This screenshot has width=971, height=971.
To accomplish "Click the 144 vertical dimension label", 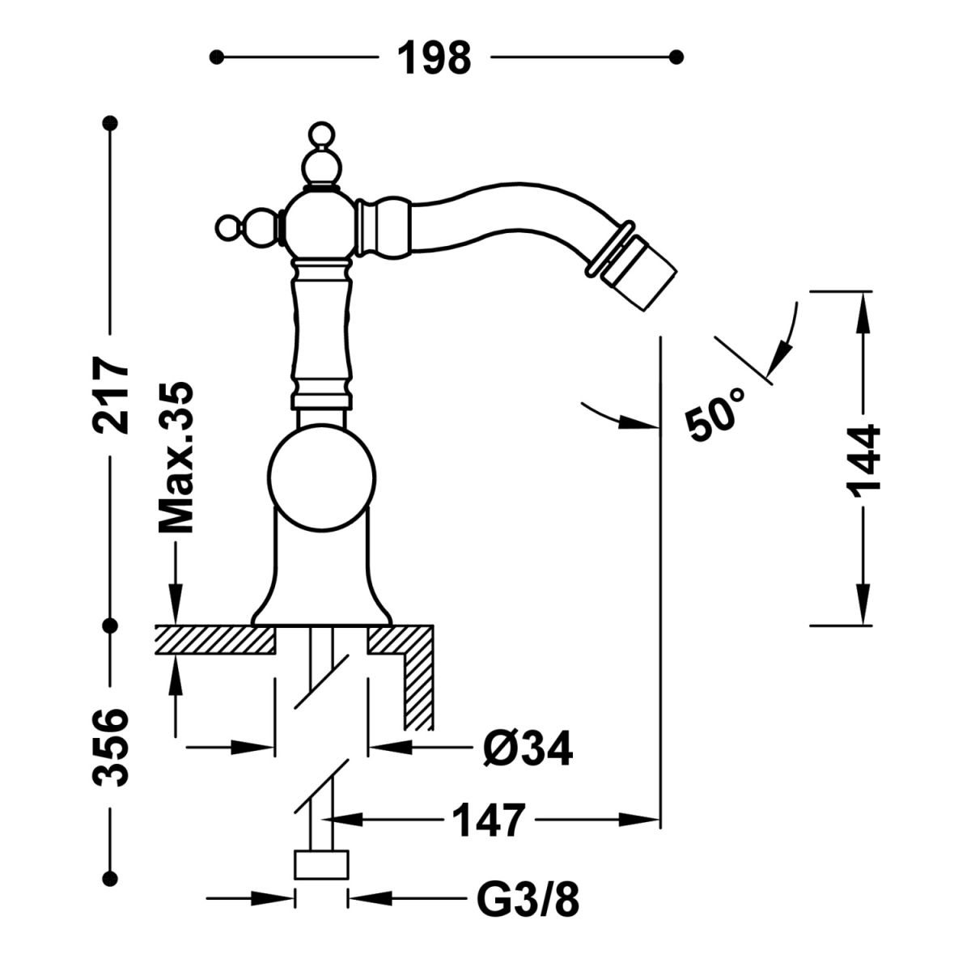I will click(863, 460).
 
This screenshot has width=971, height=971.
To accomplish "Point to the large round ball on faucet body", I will click(322, 481).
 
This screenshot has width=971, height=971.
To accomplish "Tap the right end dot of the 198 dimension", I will click(677, 57).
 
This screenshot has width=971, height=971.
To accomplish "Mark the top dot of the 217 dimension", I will click(112, 123).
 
